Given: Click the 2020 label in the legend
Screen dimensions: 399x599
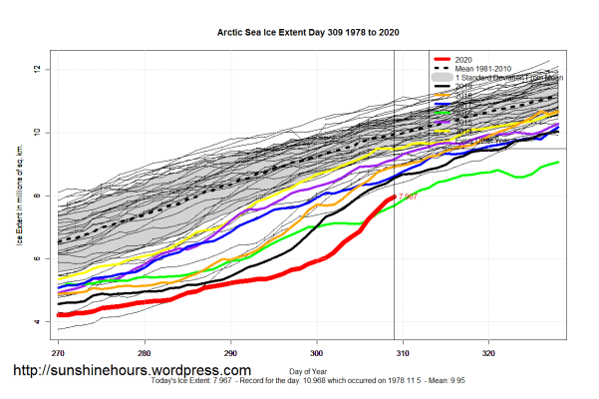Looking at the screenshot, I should [466, 59].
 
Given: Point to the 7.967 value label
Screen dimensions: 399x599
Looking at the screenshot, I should [408, 197].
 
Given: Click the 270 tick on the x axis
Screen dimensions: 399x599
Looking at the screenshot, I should [59, 353].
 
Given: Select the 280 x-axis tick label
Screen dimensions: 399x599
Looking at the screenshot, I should [145, 353].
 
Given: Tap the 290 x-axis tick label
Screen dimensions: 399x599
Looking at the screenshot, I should [230, 353].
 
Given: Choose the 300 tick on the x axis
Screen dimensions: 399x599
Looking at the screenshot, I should [317, 353].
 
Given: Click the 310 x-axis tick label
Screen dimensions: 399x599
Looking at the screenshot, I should [403, 353].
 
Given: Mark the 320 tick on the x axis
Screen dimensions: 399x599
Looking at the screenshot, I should [489, 353].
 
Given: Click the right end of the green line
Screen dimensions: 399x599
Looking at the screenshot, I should [559, 162].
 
